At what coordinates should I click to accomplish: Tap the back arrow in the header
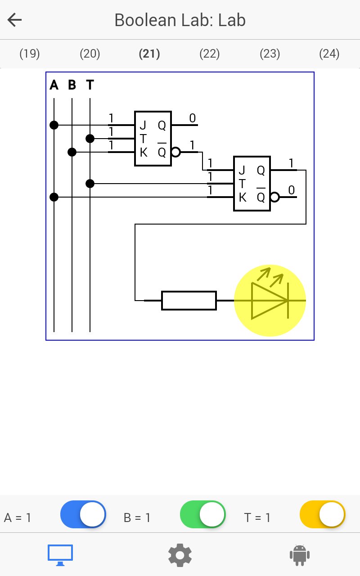15,20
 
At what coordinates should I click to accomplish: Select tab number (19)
30,54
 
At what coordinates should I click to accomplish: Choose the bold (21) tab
149,54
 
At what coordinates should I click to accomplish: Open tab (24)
329,54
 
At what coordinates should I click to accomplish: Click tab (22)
210,54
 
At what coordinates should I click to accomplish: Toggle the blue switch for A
83,514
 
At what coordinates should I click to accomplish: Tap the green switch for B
203,514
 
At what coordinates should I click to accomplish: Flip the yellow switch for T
323,514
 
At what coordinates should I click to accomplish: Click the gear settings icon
180,555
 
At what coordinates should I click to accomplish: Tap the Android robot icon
300,555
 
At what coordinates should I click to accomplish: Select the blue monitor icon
60,555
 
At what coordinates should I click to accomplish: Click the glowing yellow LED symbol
270,300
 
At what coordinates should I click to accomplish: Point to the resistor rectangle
189,300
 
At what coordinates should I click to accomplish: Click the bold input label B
72,85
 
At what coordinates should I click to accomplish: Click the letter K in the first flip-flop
144,153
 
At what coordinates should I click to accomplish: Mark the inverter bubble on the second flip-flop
275,197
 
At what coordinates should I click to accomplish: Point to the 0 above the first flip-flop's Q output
192,118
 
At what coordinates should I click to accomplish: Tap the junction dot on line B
72,152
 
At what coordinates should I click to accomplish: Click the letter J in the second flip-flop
242,170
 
